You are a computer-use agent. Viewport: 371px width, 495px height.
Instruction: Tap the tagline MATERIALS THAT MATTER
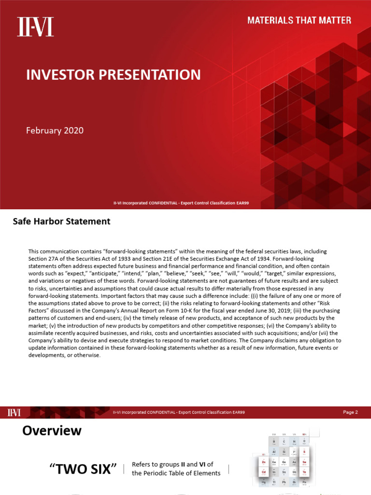pos(299,20)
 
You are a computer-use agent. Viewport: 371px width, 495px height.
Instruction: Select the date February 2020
pos(55,131)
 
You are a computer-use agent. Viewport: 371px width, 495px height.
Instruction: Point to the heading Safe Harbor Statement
pos(61,221)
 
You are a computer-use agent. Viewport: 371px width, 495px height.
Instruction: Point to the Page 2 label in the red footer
pos(350,412)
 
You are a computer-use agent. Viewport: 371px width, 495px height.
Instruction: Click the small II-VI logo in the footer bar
pos(14,412)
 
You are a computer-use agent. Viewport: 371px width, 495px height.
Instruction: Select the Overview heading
pos(52,430)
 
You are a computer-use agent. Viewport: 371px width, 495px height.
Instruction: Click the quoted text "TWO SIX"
pos(83,468)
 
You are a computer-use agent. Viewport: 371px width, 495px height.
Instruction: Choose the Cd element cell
pos(263,473)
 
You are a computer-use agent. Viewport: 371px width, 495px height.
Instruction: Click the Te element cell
pos(304,473)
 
